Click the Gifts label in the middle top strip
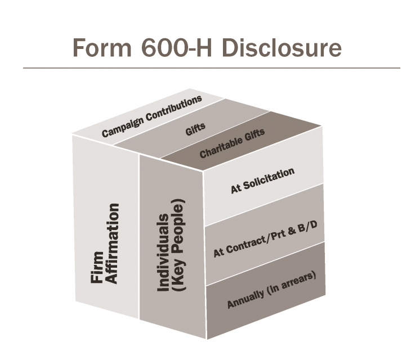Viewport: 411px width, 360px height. (x=195, y=127)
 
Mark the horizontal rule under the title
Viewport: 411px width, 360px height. (x=211, y=68)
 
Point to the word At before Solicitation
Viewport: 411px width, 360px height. (x=235, y=189)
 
